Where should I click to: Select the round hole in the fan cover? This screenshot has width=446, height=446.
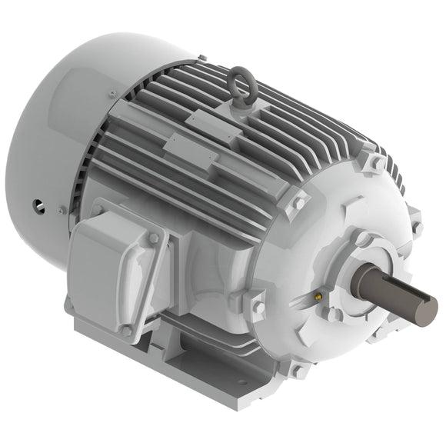pos(36,205)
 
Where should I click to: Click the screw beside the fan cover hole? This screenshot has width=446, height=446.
pos(61,209)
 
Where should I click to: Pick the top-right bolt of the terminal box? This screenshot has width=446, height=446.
pos(153,238)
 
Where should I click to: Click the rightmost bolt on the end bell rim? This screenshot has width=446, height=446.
pos(416,228)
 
